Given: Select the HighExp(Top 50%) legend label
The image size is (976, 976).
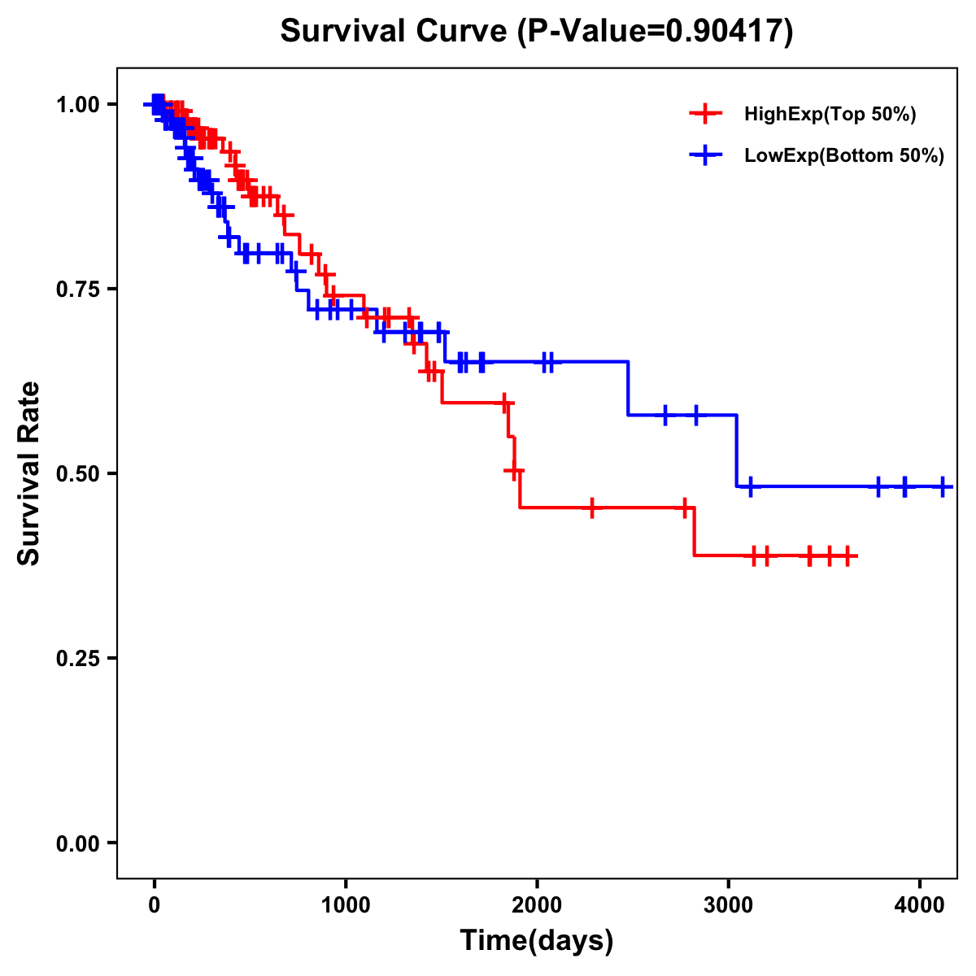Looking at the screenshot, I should pos(830,115).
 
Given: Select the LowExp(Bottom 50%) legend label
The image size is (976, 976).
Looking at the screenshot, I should pos(843,155).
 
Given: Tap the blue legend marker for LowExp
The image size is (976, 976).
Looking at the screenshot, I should pos(705,155).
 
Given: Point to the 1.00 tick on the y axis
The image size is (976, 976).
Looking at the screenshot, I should pos(77,104).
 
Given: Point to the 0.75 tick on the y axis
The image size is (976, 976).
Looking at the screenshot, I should pos(77,289).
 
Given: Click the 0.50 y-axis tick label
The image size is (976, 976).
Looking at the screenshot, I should pos(77,473).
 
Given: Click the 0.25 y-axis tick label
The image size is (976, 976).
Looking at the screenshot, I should pos(77,658).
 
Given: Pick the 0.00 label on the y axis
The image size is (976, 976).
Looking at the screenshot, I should pos(77,843).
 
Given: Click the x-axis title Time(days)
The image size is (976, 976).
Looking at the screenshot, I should pos(537,941).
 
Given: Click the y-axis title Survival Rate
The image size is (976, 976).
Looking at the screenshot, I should pos(30,473).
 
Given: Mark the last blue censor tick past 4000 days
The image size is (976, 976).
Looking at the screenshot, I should pos(942,486).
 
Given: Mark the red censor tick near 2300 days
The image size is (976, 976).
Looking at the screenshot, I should pos(592,508).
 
